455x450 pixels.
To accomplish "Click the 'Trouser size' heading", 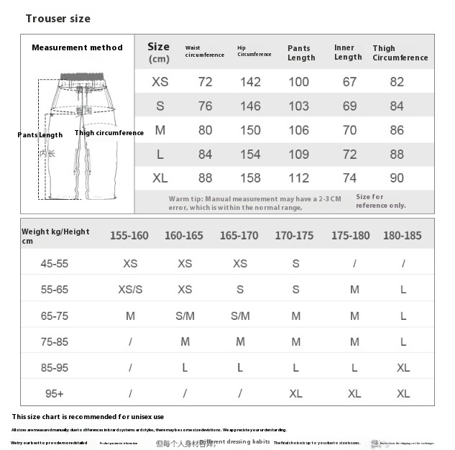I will click(x=58, y=19).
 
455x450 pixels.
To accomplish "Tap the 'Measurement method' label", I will click(x=77, y=47).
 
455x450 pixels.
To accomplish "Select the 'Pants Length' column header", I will click(x=299, y=53).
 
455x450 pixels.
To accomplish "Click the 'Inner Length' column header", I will click(x=348, y=52).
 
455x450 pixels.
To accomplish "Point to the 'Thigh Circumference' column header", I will click(x=400, y=53).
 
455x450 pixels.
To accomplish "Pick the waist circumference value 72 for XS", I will click(x=206, y=82).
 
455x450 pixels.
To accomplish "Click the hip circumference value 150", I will click(x=250, y=130).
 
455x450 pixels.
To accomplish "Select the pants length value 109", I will click(x=299, y=155).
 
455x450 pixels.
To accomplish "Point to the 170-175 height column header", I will click(x=294, y=235).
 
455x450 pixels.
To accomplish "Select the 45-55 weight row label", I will click(x=55, y=264).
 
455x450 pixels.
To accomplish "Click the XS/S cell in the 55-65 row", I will click(x=130, y=290).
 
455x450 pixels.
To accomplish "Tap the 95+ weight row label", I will click(x=55, y=394).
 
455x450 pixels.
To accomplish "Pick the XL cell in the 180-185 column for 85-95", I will click(x=403, y=367).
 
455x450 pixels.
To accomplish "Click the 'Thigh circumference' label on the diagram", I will click(x=109, y=133).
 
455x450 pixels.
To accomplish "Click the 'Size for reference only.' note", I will click(x=380, y=201).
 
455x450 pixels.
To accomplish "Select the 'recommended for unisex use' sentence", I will click(x=88, y=417).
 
